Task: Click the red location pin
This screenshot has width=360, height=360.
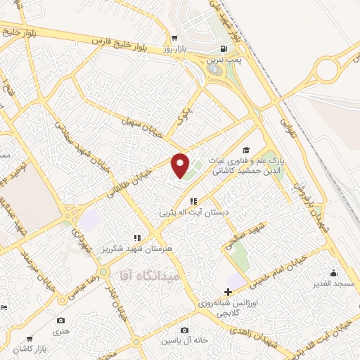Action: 181,166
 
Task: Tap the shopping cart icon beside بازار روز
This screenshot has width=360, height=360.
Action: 174,38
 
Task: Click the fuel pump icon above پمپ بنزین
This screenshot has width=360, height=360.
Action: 224,49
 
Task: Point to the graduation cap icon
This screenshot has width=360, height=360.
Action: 245,150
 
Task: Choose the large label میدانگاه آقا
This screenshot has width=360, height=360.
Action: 151,273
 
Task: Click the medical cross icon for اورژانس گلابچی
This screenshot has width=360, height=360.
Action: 227,292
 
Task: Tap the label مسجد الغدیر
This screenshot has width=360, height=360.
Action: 334,283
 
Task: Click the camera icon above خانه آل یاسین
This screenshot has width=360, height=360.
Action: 184,330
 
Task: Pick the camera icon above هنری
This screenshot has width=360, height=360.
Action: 60,321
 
